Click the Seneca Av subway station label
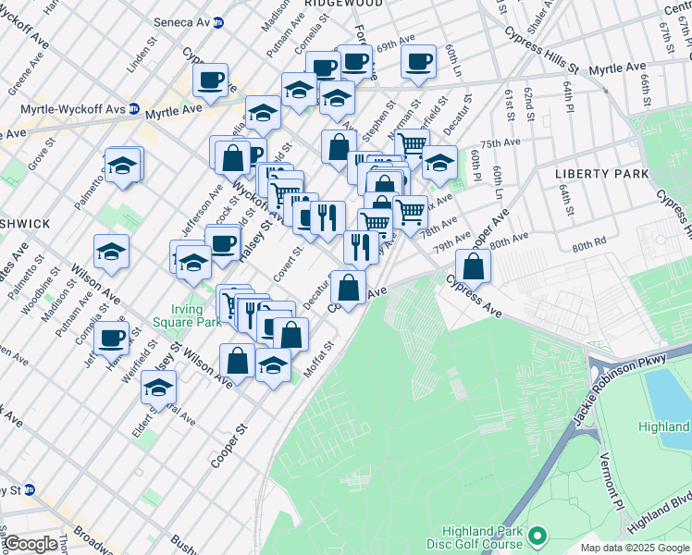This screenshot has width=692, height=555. click(183, 22)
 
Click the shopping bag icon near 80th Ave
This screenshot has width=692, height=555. click(473, 266)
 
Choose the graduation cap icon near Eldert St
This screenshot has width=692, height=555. click(158, 388)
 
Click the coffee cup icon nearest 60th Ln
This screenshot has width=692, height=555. click(418, 62)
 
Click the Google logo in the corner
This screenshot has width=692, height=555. click(31, 544)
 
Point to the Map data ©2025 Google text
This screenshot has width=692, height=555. click(634, 548)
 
